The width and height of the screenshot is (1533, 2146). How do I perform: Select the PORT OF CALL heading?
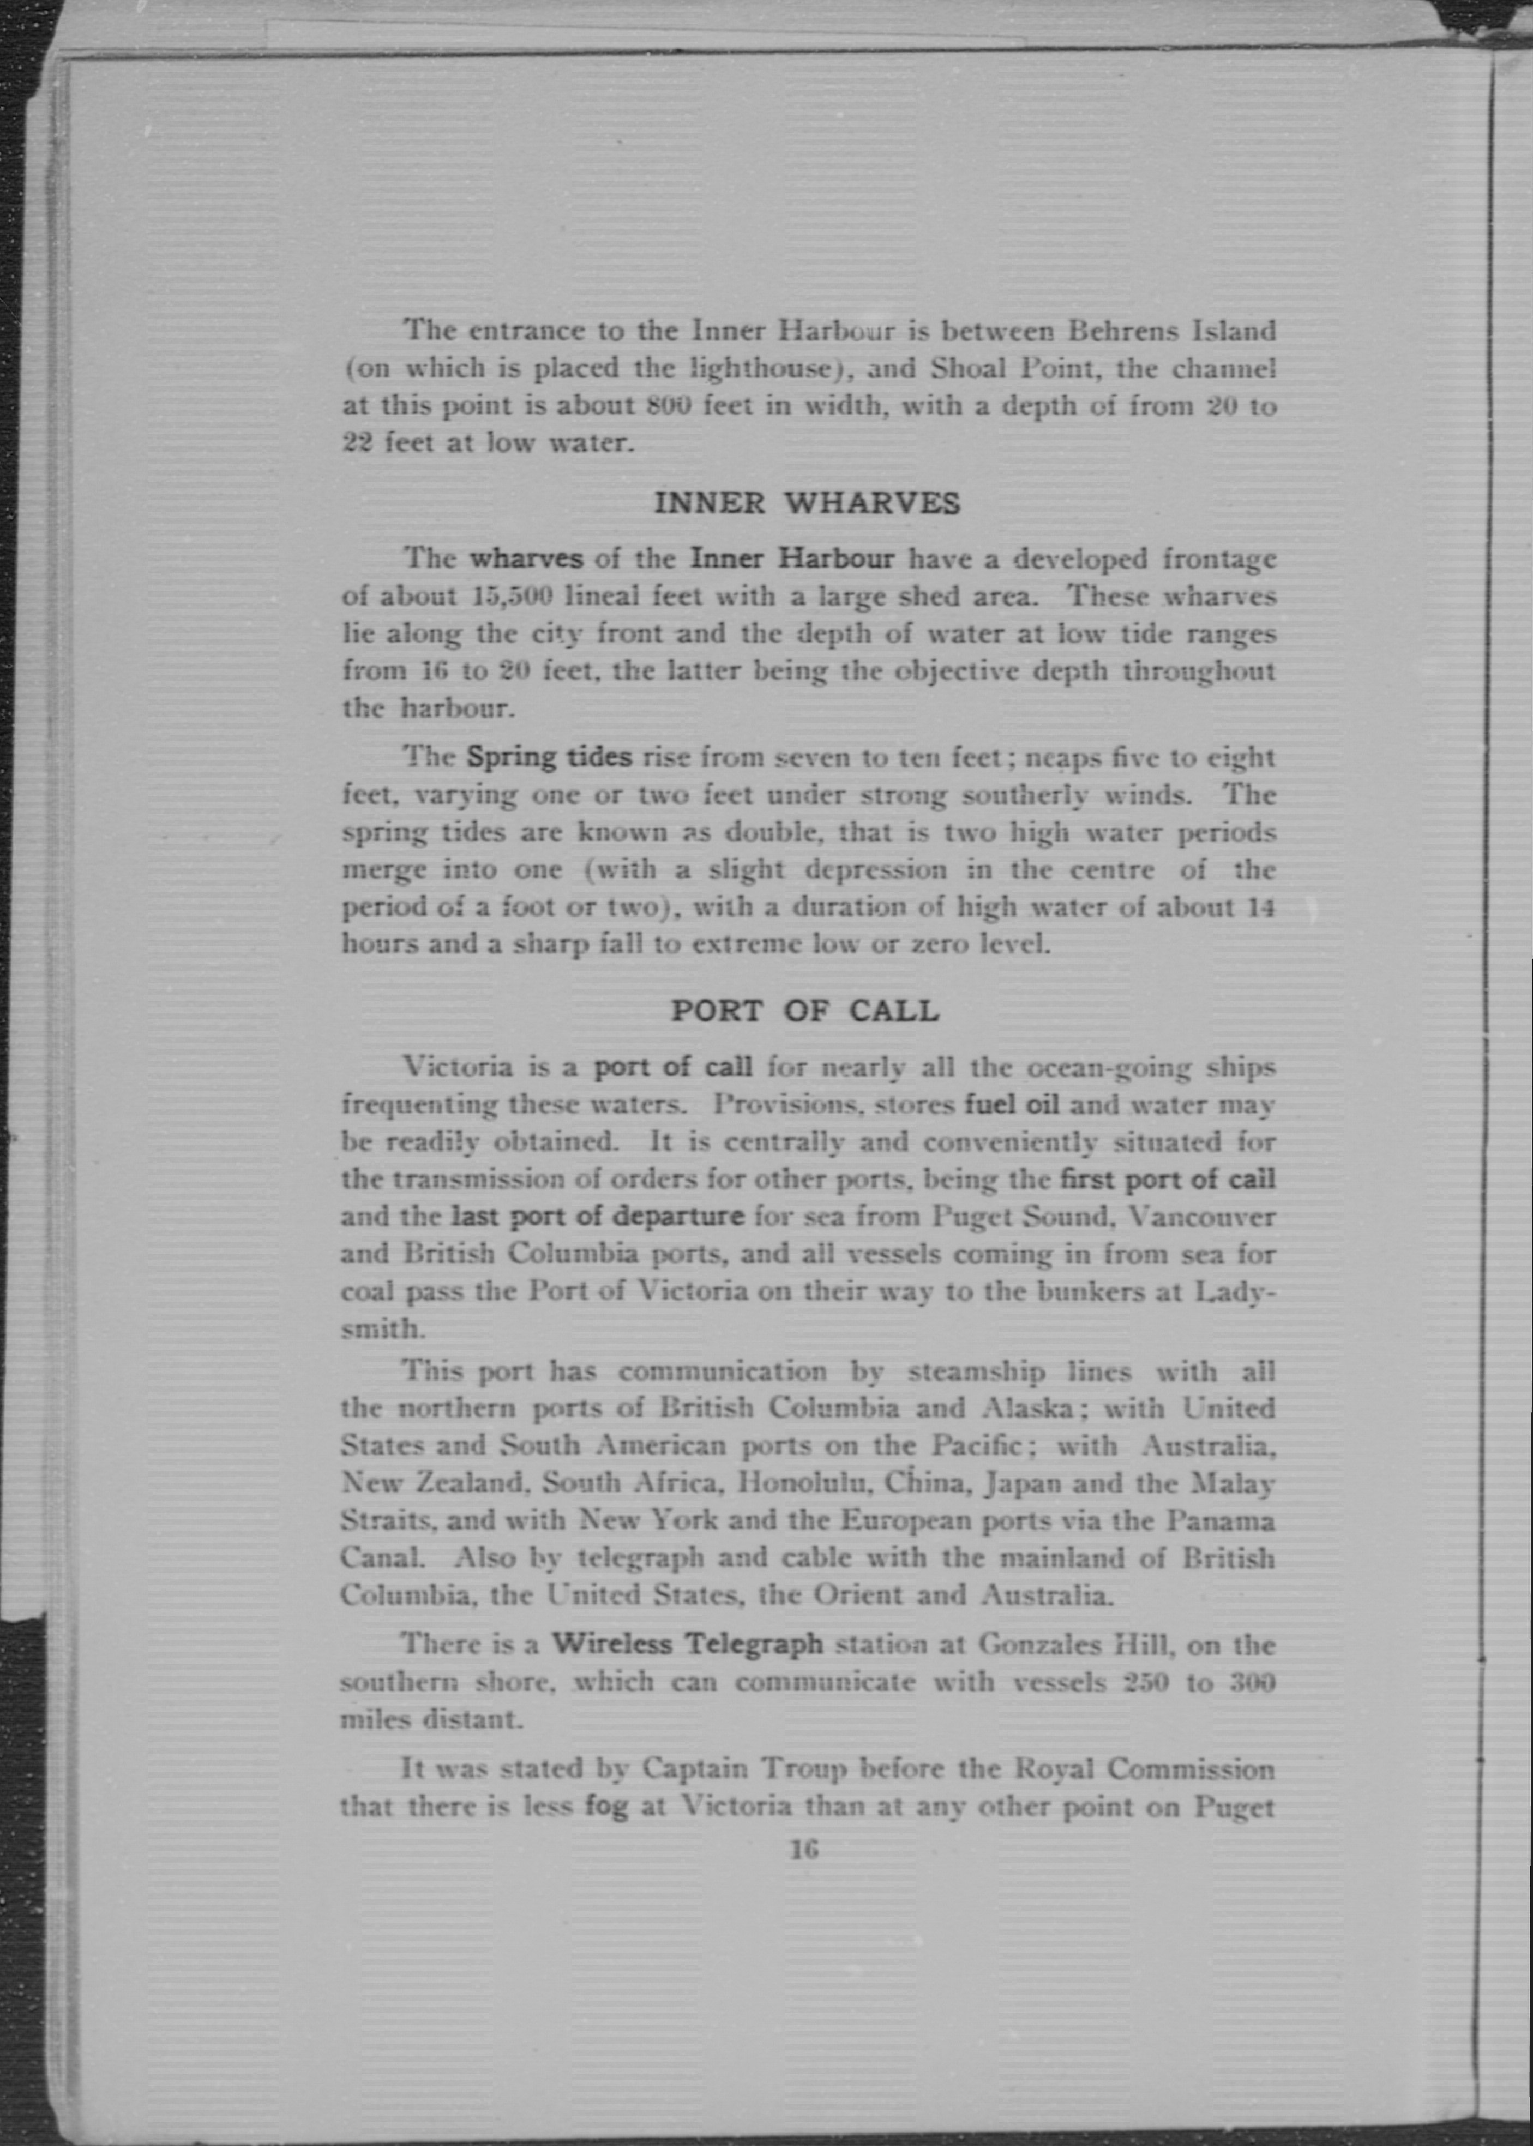(804, 1011)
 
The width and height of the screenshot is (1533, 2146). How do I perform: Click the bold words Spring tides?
(549, 757)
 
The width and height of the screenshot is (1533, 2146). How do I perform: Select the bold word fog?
(606, 1806)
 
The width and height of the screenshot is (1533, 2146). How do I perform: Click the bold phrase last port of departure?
(598, 1215)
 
